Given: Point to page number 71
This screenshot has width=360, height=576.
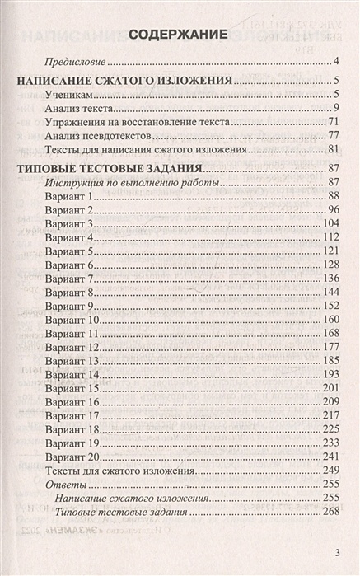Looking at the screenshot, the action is coord(334,121).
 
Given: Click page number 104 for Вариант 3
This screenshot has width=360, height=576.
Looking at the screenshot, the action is coord(331,224).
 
